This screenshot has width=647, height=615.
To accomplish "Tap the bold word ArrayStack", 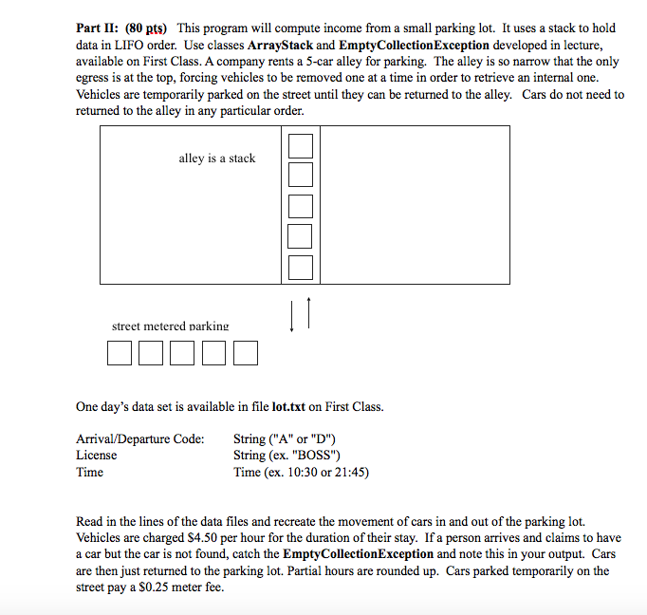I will (279, 45).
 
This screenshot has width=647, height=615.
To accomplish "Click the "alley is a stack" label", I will (216, 158).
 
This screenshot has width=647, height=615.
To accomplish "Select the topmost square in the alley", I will (300, 145).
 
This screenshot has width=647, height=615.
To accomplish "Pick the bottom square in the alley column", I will (300, 268).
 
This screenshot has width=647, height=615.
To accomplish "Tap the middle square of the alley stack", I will (300, 206).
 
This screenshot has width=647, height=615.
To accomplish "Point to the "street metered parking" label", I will (170, 326).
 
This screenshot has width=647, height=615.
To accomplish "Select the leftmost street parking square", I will (120, 353).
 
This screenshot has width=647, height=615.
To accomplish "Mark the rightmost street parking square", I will (245, 353).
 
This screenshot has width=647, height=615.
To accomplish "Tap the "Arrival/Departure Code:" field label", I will (139, 438).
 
